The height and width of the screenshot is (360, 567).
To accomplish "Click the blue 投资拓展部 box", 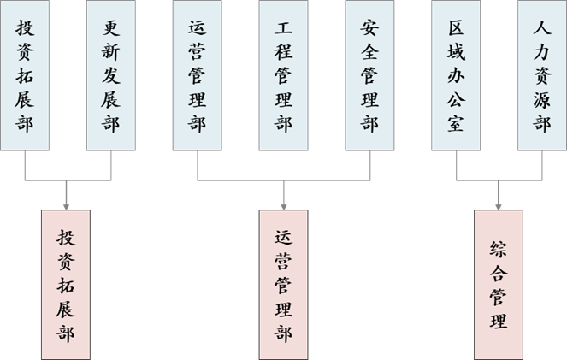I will click(25, 75).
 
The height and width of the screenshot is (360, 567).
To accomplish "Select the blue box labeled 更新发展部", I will click(111, 75).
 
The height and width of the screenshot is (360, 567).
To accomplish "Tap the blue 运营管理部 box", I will click(198, 75).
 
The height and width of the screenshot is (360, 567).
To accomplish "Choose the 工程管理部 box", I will click(284, 75).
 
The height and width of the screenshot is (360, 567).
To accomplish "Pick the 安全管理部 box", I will click(370, 75).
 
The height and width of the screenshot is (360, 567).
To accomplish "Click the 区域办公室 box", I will click(457, 75).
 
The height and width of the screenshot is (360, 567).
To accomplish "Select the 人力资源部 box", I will click(542, 75).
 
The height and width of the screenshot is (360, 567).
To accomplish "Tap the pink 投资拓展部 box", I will click(66, 283).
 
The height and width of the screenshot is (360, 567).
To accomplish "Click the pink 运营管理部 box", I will click(284, 283).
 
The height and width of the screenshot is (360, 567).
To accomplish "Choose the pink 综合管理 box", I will click(499, 283).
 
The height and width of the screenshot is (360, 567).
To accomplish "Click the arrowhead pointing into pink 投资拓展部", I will click(66, 205).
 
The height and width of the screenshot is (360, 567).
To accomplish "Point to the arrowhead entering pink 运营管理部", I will click(284, 205).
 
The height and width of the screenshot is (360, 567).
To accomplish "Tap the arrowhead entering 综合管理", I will click(499, 205).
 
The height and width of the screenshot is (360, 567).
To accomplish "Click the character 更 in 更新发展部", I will click(111, 27).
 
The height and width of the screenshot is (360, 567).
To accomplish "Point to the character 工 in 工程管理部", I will click(284, 27).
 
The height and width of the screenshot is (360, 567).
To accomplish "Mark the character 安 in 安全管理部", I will click(370, 27).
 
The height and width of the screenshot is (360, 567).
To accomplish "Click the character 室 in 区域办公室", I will click(457, 124).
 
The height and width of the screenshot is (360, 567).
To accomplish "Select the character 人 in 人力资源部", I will click(542, 27).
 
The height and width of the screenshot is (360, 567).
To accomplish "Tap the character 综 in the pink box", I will click(499, 249).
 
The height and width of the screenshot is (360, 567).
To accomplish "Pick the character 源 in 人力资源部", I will click(542, 99).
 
